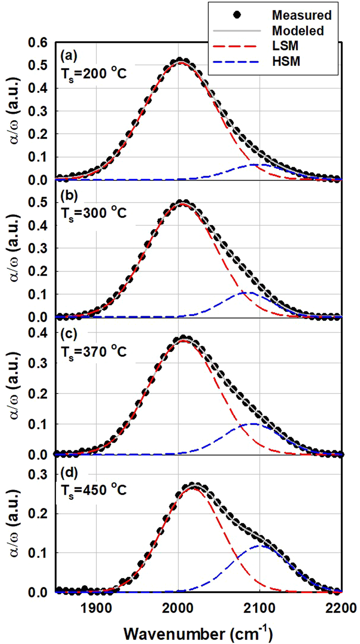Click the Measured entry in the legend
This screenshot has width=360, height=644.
302,15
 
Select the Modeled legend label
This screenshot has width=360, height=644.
298,31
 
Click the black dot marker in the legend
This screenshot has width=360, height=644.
238,15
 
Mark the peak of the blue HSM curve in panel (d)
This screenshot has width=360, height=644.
258,545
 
